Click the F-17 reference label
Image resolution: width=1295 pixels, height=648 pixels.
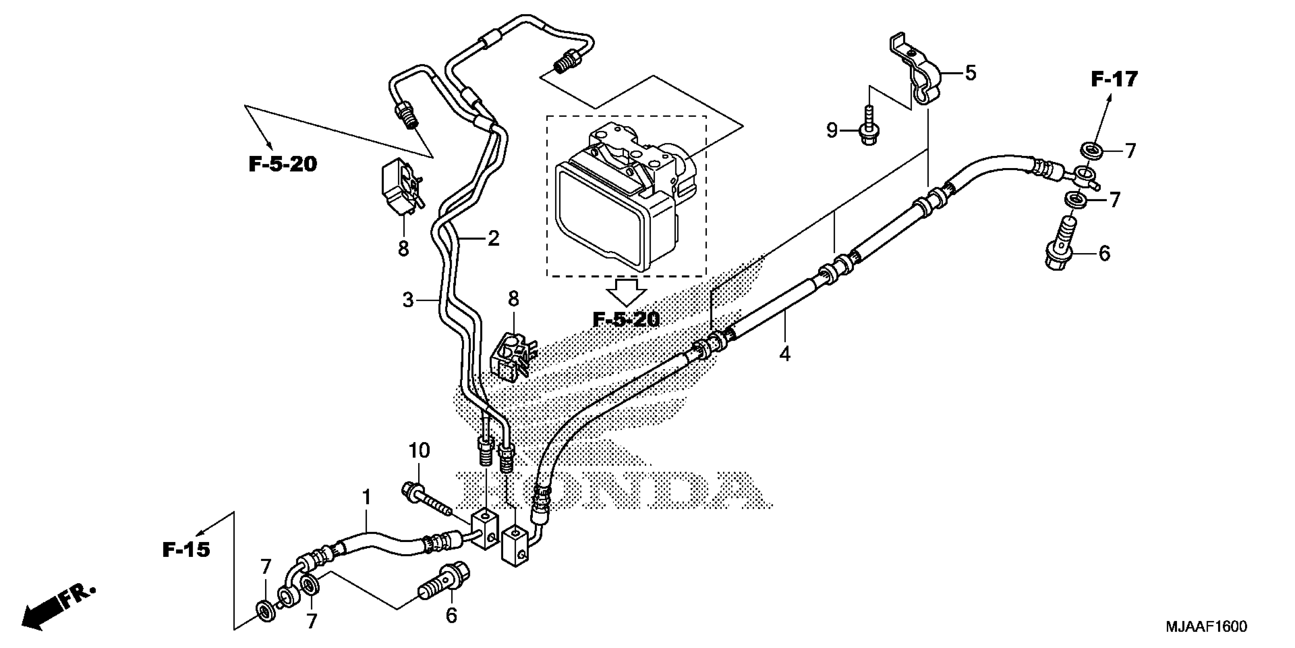pyautogui.click(x=1114, y=80)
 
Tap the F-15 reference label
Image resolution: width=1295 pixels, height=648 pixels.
pyautogui.click(x=185, y=550)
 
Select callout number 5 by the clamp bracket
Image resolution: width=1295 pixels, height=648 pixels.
pyautogui.click(x=970, y=74)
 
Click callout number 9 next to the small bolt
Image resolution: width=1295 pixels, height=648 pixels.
pyautogui.click(x=833, y=131)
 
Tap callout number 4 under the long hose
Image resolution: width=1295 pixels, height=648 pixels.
pyautogui.click(x=785, y=354)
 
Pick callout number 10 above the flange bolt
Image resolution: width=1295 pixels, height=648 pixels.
pyautogui.click(x=419, y=450)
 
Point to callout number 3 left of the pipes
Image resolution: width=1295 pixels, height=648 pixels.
pyautogui.click(x=408, y=300)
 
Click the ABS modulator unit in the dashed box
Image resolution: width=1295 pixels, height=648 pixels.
pyautogui.click(x=624, y=196)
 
